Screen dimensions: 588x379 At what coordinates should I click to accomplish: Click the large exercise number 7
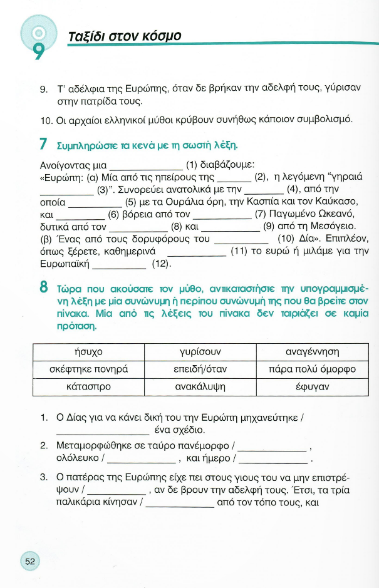(43, 145)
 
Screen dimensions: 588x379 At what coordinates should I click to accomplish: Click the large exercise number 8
(43, 289)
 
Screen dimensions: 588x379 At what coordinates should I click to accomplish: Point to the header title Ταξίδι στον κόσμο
(124, 36)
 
